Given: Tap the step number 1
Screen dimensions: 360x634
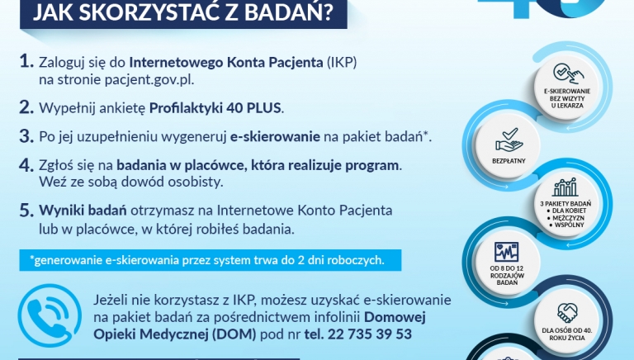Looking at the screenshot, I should point(26,63).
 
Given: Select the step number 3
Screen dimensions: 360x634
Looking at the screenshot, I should point(27,135).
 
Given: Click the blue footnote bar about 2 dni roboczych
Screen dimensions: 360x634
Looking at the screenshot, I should point(211,260).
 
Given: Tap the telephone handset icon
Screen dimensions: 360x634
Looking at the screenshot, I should point(47,317).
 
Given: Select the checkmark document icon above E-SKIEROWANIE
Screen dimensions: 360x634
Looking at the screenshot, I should point(564,73).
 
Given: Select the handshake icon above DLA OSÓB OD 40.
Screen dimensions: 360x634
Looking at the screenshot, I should point(565,313).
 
